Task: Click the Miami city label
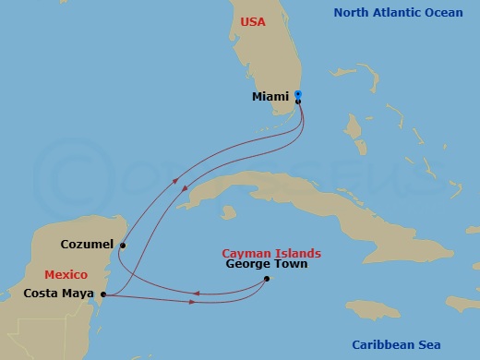270,96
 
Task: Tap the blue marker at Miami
297,94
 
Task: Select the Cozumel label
87,245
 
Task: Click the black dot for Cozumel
122,246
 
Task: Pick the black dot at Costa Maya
103,294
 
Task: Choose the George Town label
267,264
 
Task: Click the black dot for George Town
266,278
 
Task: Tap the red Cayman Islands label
271,252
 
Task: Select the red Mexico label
66,275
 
